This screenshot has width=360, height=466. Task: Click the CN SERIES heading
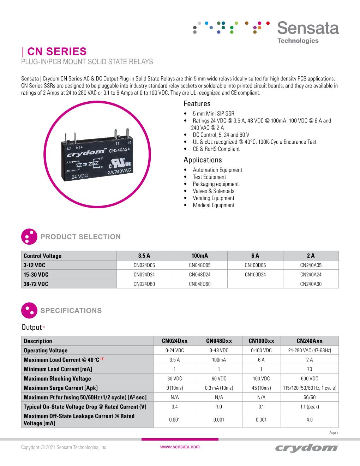tap(56, 52)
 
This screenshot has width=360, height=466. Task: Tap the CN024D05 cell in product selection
tap(144, 265)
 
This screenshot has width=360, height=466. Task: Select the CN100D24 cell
tap(255, 275)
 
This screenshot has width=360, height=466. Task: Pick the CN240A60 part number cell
tap(311, 284)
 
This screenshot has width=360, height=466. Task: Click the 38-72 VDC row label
tap(36, 284)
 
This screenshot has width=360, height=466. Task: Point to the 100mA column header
tap(199, 256)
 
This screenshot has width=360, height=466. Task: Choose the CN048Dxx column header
tap(219, 341)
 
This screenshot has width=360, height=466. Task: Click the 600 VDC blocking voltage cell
tap(310, 378)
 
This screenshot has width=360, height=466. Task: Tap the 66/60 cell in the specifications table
tap(310, 397)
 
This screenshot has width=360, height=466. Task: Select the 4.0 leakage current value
tap(310, 420)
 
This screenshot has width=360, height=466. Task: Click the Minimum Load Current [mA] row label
tap(58, 369)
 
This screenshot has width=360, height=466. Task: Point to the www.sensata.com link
tap(180, 447)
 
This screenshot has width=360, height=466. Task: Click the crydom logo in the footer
tap(306, 448)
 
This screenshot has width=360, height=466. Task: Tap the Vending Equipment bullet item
tap(213, 198)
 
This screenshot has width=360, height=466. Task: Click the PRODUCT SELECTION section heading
tap(80, 237)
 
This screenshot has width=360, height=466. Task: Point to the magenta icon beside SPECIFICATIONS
tap(29, 310)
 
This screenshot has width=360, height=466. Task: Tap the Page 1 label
tap(334, 433)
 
